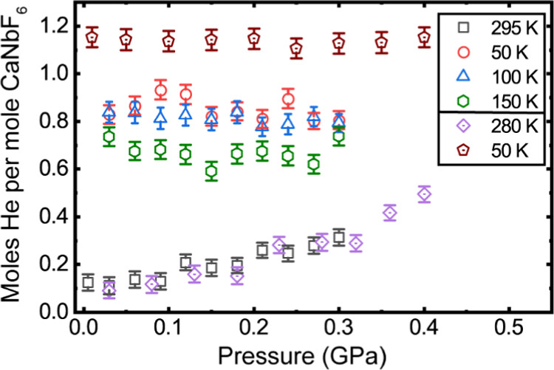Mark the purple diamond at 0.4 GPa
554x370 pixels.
tap(424, 194)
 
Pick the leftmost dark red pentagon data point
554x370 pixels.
tap(92, 37)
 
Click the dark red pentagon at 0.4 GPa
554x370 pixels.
tap(424, 36)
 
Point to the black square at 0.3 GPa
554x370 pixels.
tap(339, 237)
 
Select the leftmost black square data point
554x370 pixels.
tap(89, 281)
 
